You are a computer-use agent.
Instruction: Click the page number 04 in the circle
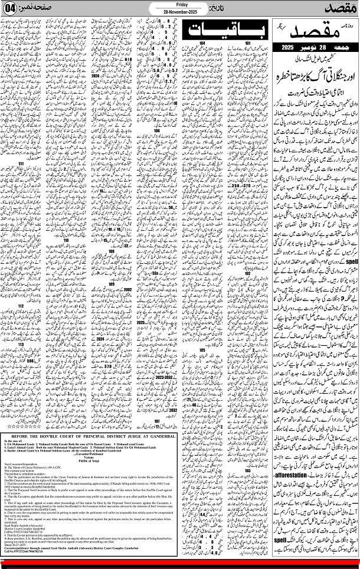pyautogui.click(x=10, y=10)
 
